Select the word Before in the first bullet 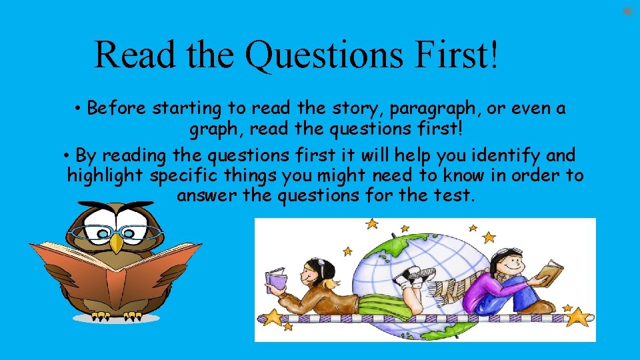[x=117, y=108]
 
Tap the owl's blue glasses [x=117, y=232]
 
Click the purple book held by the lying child [x=275, y=279]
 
